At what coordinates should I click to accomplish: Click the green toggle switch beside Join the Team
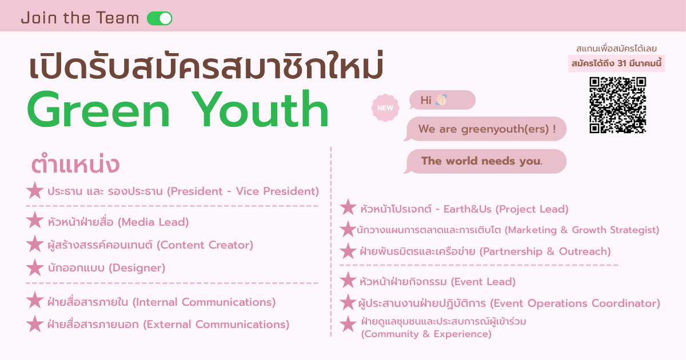[x=159, y=18]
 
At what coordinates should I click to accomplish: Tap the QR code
[x=617, y=105]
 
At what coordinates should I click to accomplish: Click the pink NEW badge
[x=385, y=107]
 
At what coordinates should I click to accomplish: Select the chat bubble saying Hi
[x=441, y=100]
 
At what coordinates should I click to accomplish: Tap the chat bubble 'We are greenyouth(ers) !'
[x=486, y=129]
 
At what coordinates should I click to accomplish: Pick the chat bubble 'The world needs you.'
[x=486, y=161]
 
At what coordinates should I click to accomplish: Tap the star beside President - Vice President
[x=35, y=191]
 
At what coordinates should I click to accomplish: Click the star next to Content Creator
[x=35, y=245]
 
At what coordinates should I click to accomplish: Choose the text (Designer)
[x=137, y=267]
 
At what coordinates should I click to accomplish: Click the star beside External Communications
[x=35, y=324]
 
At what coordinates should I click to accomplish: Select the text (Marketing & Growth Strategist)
[x=581, y=230]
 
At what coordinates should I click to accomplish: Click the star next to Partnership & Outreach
[x=348, y=251]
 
